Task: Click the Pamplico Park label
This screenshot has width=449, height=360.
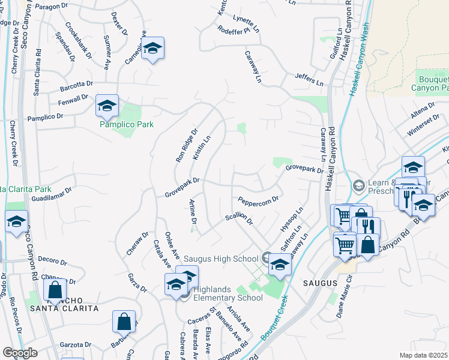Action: [x=127, y=124]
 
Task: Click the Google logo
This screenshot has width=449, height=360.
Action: [x=20, y=352]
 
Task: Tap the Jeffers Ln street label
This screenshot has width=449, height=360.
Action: [x=309, y=77]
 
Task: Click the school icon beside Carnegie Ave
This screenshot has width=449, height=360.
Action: [x=153, y=50]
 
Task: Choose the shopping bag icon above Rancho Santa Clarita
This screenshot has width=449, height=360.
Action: [x=55, y=290]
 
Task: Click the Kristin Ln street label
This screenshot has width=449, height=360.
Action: [x=202, y=148]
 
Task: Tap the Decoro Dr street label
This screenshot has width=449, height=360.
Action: [x=52, y=261]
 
